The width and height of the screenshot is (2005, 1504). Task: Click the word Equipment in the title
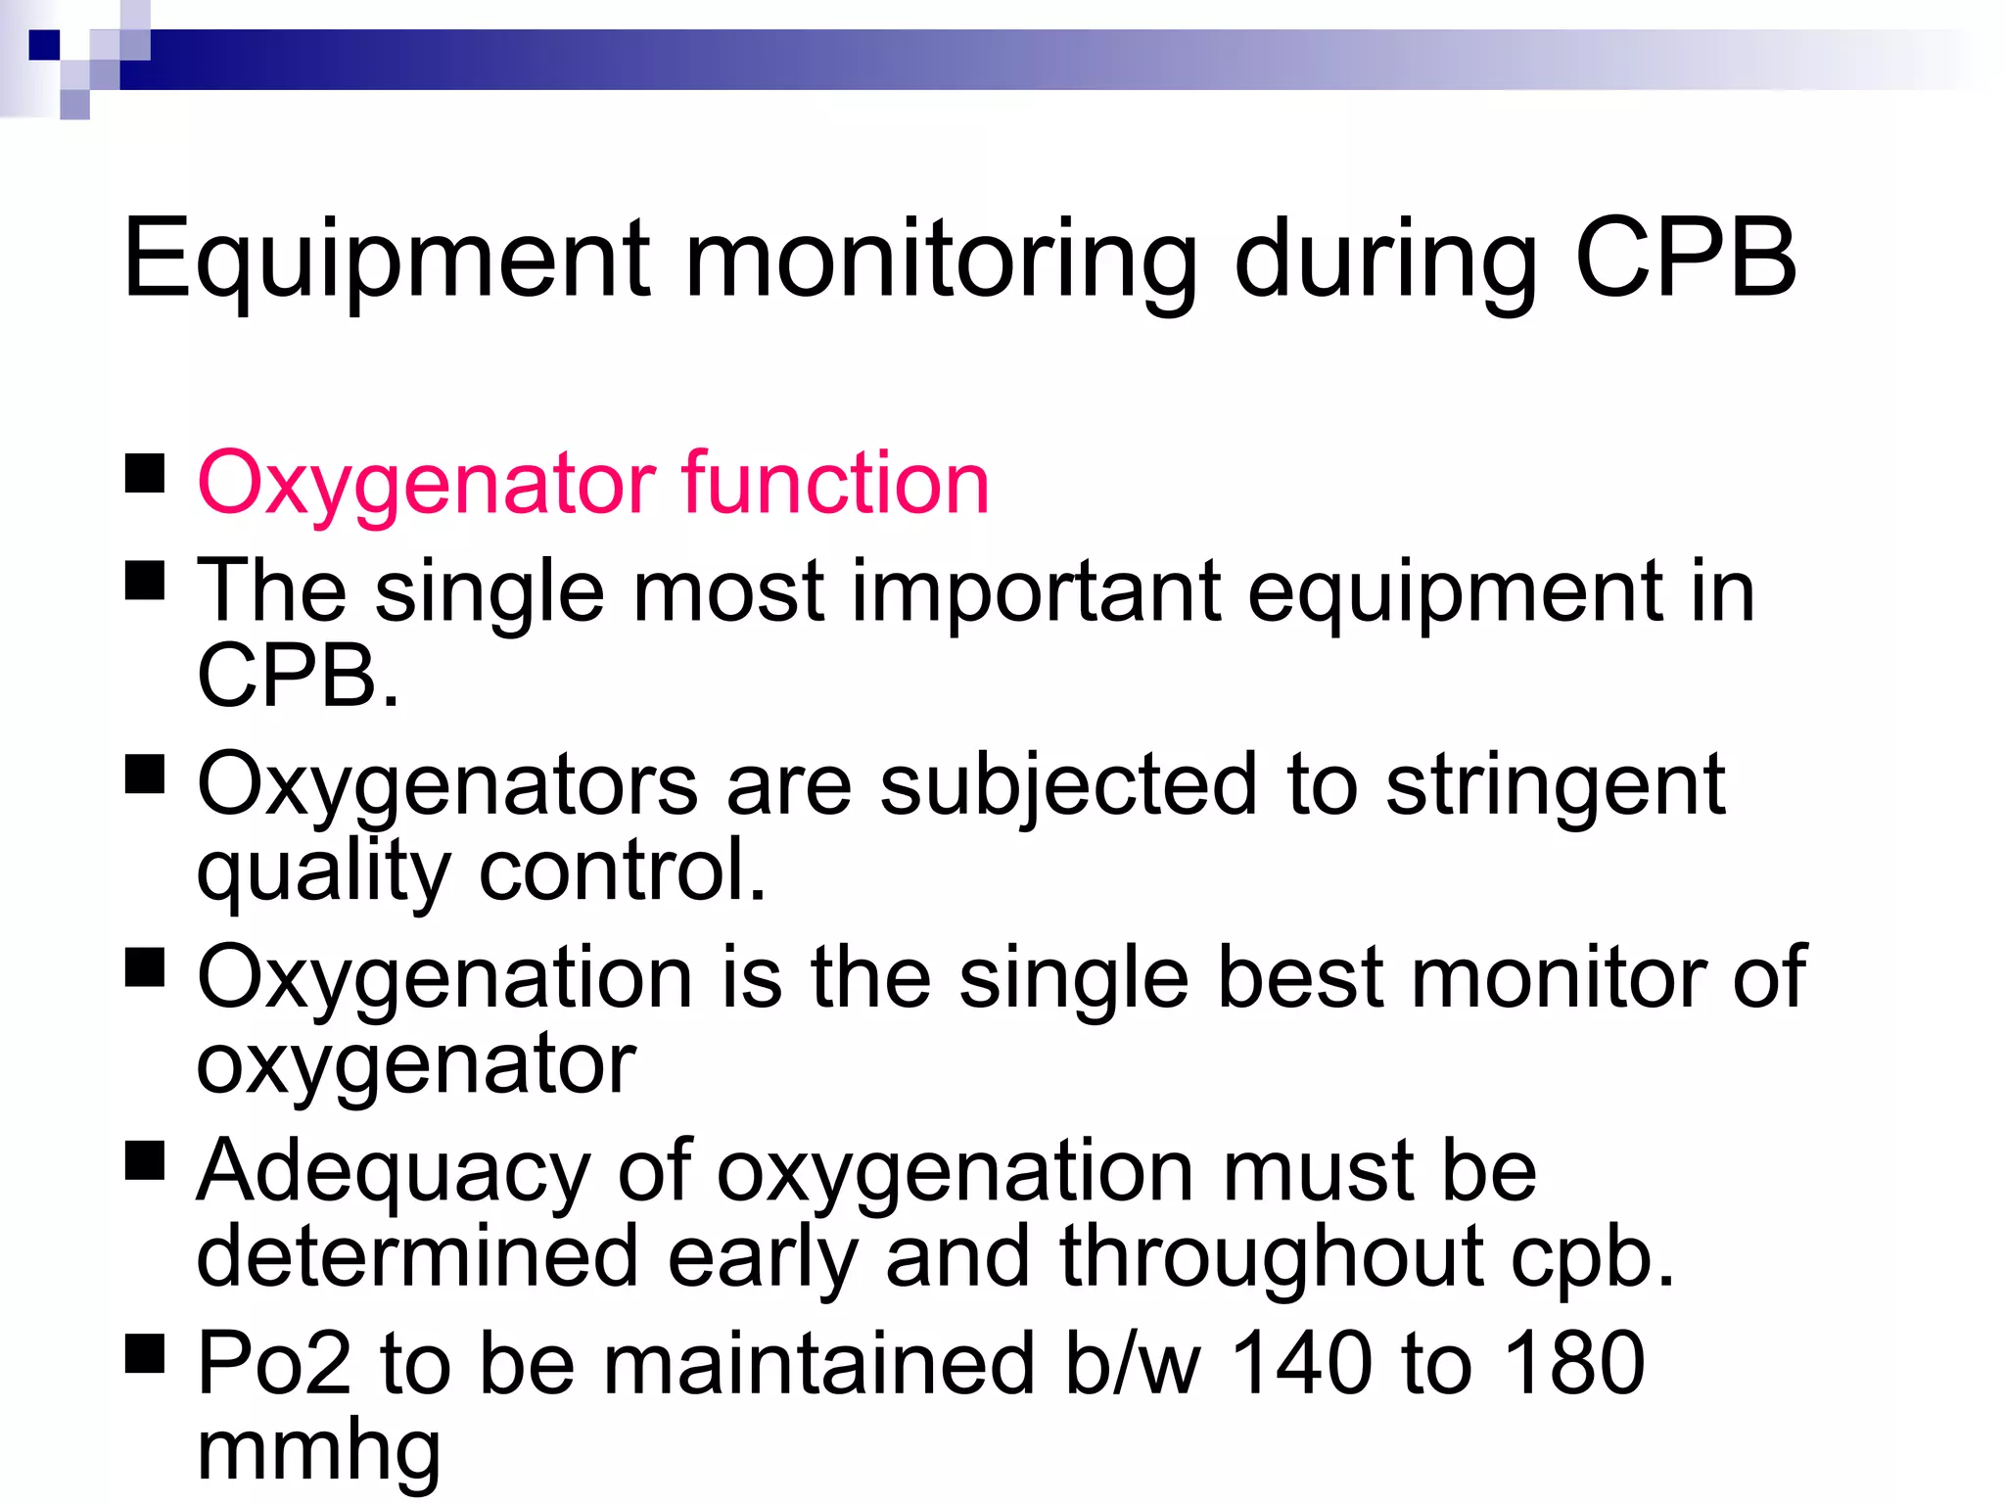click(x=387, y=259)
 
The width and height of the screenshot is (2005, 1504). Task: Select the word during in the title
click(x=1385, y=259)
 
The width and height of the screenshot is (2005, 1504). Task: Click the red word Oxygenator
click(x=427, y=485)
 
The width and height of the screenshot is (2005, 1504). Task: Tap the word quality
click(x=323, y=871)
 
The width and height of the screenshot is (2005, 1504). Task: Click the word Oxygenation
click(x=445, y=979)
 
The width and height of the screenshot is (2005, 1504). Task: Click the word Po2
click(x=274, y=1363)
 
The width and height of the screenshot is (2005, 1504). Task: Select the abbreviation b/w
click(x=1132, y=1363)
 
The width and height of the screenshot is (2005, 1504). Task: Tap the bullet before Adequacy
click(x=145, y=1161)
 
